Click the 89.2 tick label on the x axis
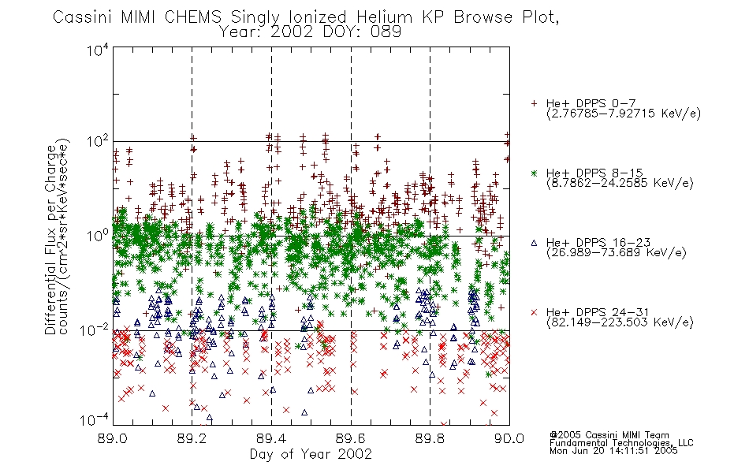point(192,438)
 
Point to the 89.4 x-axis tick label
point(271,438)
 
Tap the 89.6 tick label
point(351,438)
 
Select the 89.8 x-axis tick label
point(430,438)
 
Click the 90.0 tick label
point(509,438)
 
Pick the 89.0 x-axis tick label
point(112,438)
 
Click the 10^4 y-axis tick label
point(98,50)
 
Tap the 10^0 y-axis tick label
point(98,236)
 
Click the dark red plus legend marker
point(534,103)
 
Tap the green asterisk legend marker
point(534,173)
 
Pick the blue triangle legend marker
point(534,243)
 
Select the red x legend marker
point(534,312)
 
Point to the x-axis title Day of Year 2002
point(311,454)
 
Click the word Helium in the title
point(384,17)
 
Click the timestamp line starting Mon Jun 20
point(613,451)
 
